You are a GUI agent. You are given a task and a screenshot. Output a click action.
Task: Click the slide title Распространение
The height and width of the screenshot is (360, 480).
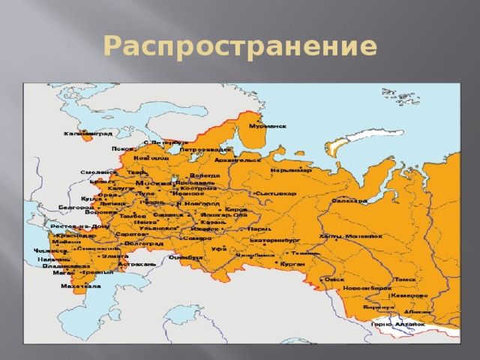pyautogui.click(x=239, y=46)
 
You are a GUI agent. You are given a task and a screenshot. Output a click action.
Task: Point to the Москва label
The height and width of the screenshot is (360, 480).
pyautogui.click(x=152, y=182)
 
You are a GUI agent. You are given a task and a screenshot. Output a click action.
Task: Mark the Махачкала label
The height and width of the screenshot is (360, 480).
pyautogui.click(x=81, y=286)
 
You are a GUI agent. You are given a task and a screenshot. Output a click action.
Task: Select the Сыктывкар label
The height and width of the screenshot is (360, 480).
pyautogui.click(x=275, y=193)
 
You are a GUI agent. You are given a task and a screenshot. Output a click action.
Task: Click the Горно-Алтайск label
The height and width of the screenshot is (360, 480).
pyautogui.click(x=397, y=323)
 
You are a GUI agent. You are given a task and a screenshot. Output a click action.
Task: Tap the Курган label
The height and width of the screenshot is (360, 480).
pyautogui.click(x=293, y=264)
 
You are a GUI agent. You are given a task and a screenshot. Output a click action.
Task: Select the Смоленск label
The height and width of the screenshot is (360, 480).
pyautogui.click(x=97, y=172)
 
